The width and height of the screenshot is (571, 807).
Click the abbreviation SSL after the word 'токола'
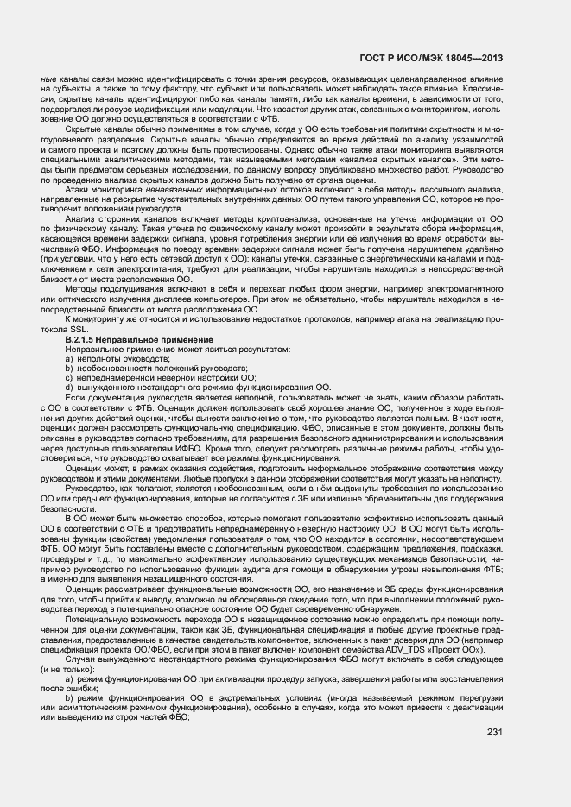coord(79,330)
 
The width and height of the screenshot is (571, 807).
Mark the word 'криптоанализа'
coord(274,243)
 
